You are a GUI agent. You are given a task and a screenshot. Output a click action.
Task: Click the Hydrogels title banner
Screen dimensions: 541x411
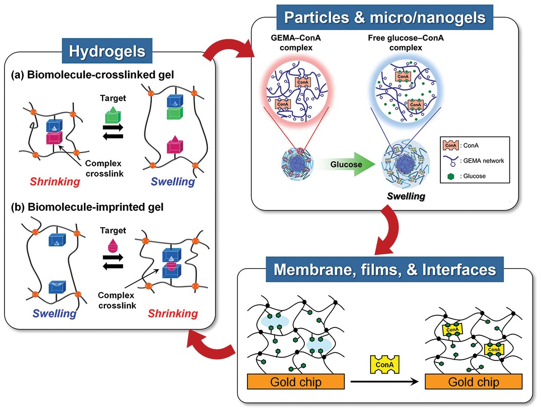pos(107,51)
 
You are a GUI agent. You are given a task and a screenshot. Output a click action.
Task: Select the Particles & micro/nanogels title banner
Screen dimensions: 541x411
pos(385,17)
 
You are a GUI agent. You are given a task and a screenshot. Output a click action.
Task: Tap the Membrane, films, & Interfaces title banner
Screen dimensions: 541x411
pos(385,269)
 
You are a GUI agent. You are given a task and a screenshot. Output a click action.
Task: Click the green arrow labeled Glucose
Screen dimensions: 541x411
pos(346,164)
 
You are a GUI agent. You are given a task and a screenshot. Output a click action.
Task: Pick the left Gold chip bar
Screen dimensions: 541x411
pos(296,381)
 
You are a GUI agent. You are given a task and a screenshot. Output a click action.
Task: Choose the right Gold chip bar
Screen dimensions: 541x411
pos(473,381)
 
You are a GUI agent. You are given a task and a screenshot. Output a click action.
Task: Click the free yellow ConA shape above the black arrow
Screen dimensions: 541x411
pos(385,365)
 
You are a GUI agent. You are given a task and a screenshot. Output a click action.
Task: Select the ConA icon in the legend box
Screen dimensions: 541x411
pos(450,145)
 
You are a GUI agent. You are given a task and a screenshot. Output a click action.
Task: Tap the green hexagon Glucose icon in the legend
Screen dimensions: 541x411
pos(450,176)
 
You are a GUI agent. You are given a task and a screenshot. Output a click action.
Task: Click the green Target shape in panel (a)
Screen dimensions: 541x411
pos(113,115)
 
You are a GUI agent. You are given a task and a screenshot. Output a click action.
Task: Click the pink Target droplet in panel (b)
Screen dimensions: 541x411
pos(113,246)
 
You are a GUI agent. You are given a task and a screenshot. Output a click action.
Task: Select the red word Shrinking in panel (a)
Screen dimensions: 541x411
pos(55,182)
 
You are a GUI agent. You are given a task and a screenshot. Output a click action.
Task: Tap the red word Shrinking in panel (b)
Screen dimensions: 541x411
pos(173,314)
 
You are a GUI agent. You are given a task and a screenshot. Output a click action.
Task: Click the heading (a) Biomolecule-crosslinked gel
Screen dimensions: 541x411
pos(92,75)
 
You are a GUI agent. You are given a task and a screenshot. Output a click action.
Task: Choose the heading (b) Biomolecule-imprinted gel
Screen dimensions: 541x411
pos(87,207)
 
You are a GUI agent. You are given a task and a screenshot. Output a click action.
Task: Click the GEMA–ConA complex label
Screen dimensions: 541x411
pos(296,43)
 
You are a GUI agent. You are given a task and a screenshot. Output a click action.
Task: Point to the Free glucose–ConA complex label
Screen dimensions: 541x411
pos(406,43)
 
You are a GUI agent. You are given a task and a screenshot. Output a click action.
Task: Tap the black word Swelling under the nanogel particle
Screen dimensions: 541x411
pos(406,196)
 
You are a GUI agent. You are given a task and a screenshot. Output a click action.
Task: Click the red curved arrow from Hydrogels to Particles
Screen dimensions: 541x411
pos(228,47)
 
